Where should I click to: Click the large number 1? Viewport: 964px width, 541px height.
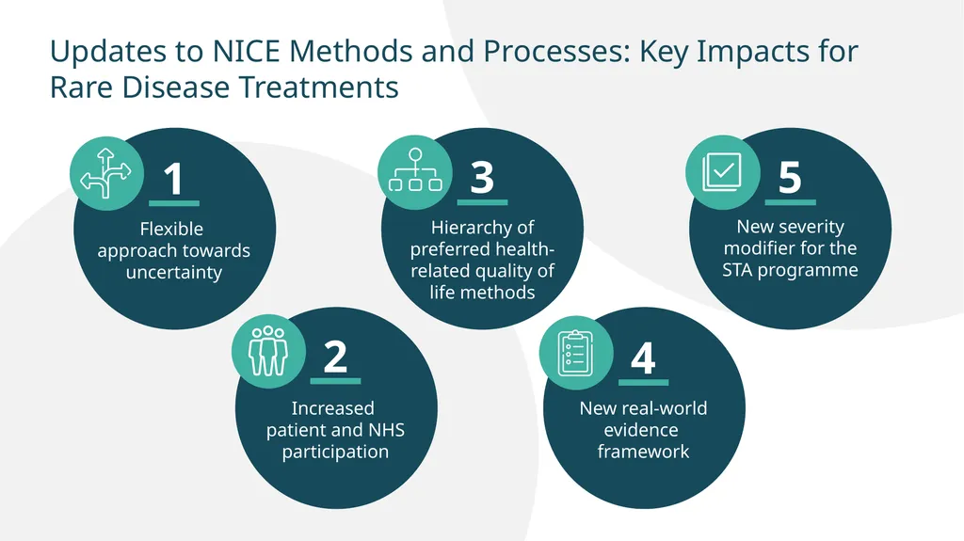[173, 180]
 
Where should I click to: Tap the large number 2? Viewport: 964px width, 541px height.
[335, 358]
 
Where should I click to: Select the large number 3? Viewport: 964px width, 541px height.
[482, 177]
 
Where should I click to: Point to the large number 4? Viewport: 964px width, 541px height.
[643, 358]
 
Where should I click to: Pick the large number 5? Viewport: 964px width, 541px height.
[790, 178]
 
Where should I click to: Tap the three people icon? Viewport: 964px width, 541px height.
[265, 351]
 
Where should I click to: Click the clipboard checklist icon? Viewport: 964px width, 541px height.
[573, 352]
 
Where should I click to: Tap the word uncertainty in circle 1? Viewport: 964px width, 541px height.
[174, 274]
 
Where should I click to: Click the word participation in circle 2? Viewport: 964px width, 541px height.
[335, 452]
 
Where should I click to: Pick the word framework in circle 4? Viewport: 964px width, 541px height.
[643, 452]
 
